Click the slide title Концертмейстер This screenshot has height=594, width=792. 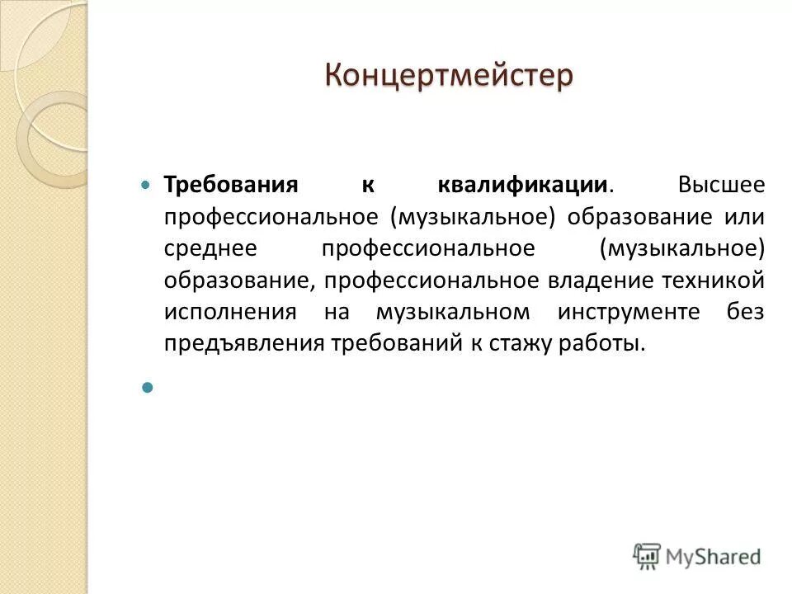(448, 76)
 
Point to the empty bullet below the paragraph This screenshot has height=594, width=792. (148, 386)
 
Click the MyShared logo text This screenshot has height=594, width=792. (713, 555)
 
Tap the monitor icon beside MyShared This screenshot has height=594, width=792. (648, 555)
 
